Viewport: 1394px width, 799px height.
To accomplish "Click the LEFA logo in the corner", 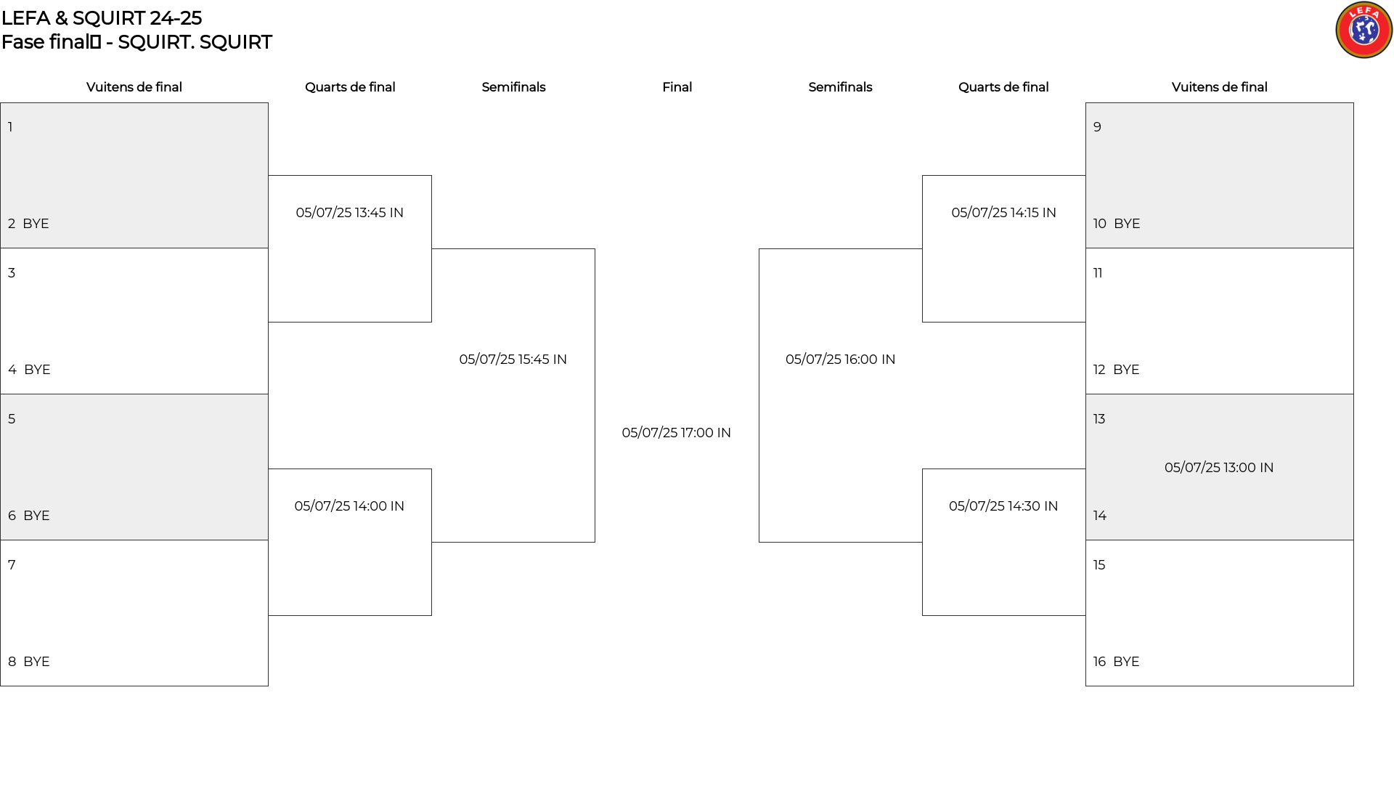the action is [x=1364, y=30].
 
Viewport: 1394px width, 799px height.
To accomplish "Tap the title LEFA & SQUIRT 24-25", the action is [x=102, y=18].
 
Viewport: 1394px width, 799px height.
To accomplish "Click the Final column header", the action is [x=677, y=87].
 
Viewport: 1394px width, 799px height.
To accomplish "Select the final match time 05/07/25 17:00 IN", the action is [x=676, y=433].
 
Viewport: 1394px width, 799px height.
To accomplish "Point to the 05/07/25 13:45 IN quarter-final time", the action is [x=349, y=213].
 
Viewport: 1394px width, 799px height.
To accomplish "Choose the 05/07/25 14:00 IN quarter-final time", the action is [x=349, y=506].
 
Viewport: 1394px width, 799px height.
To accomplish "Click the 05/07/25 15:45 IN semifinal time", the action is [x=513, y=360].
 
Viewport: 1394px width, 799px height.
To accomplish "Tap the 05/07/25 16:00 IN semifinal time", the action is [x=840, y=360].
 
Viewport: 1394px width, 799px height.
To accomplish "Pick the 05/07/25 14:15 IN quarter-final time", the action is [x=1003, y=213].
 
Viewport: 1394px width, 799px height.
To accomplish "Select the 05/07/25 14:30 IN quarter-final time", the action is [x=1003, y=506].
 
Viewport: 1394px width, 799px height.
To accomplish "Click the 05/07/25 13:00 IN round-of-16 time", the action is [x=1219, y=468].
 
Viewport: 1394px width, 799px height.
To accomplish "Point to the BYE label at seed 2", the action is [x=36, y=224].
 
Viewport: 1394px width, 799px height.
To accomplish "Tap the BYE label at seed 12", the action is [x=1126, y=370].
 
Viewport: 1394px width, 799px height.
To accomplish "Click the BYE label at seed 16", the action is [x=1126, y=662].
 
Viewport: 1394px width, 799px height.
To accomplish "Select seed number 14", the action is [x=1100, y=516].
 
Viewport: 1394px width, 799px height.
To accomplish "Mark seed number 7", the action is [x=12, y=565].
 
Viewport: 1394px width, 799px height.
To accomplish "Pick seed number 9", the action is [x=1097, y=127].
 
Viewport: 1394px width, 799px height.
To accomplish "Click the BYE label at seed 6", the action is [x=36, y=516].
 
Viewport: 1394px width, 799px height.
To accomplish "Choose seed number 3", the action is [x=12, y=273].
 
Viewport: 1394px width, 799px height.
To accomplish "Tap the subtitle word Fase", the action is [x=23, y=42].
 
